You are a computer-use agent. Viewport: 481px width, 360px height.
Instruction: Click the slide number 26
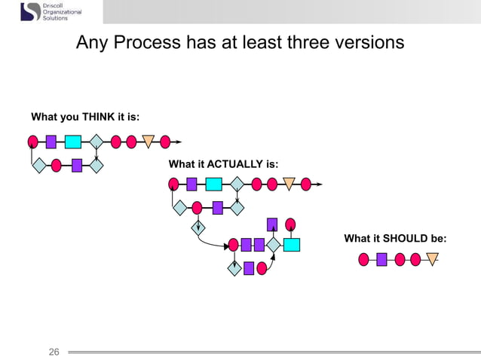pyautogui.click(x=54, y=352)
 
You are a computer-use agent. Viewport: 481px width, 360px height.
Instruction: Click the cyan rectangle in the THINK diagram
pyautogui.click(x=73, y=141)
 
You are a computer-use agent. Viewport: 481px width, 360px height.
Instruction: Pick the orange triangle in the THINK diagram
pyautogui.click(x=149, y=141)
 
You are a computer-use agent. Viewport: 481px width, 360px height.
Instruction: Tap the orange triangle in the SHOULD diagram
pyautogui.click(x=432, y=260)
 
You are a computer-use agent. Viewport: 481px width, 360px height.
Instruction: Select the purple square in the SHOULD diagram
pyautogui.click(x=381, y=260)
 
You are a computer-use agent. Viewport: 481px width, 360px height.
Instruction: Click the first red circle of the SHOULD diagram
pyautogui.click(x=363, y=260)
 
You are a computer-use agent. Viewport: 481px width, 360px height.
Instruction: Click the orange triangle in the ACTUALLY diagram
pyautogui.click(x=289, y=183)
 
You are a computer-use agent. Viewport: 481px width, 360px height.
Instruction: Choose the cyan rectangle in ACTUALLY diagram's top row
pyautogui.click(x=213, y=183)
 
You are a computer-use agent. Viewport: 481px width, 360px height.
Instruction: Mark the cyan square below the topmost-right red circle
pyautogui.click(x=291, y=244)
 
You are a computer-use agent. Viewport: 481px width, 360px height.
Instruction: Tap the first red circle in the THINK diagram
pyautogui.click(x=32, y=141)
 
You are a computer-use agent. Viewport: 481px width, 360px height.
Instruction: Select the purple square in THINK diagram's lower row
pyautogui.click(x=76, y=165)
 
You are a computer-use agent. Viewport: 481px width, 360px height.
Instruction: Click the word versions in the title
pyautogui.click(x=368, y=43)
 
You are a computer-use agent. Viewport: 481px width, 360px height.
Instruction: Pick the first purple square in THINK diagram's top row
pyautogui.click(x=51, y=141)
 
